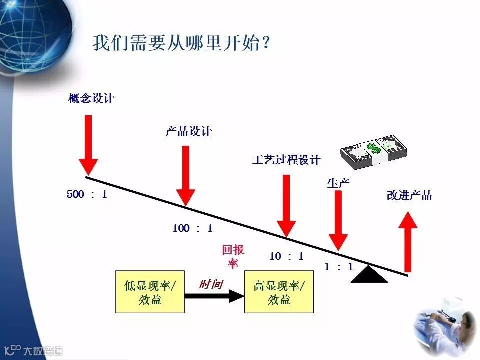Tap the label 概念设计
(x=91, y=98)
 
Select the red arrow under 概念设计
(x=88, y=145)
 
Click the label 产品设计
(x=188, y=132)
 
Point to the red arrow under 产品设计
(x=185, y=175)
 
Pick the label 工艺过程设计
(x=286, y=160)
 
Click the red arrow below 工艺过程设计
(x=286, y=205)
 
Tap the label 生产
(x=338, y=183)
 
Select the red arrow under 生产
(x=338, y=220)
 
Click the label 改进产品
(x=409, y=195)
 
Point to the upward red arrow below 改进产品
(x=408, y=242)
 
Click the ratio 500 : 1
(x=87, y=194)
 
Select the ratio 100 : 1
(x=192, y=228)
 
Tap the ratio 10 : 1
(x=286, y=256)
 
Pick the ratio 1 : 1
(x=338, y=267)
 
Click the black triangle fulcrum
(x=369, y=275)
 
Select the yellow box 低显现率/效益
(x=149, y=292)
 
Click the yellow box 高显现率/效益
(x=279, y=292)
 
